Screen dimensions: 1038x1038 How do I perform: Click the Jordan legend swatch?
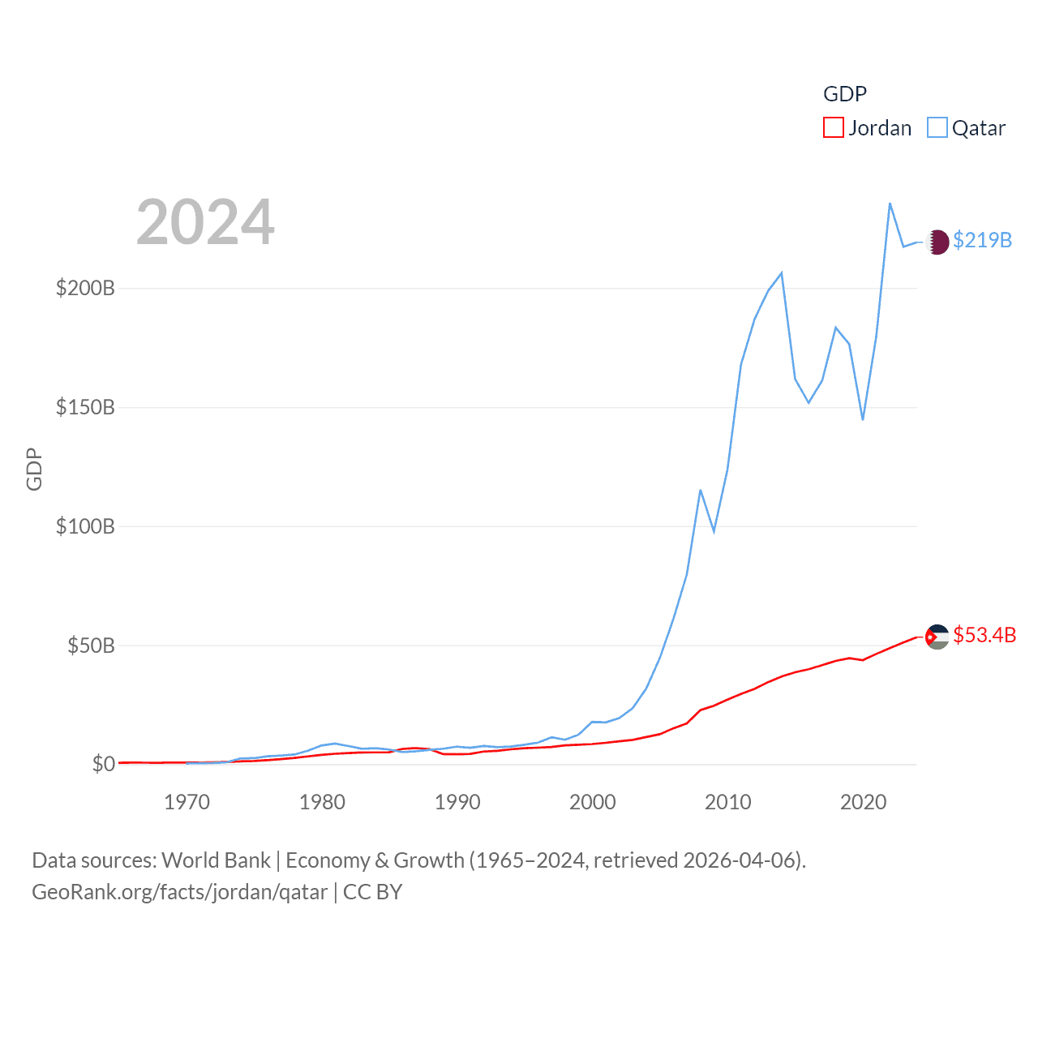(833, 127)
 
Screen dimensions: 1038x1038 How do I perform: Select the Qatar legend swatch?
(937, 127)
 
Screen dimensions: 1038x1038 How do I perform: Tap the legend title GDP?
(844, 94)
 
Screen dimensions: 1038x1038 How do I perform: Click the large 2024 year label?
(205, 222)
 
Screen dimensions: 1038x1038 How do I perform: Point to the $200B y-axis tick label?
(85, 289)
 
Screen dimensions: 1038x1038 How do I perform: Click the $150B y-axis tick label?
(85, 407)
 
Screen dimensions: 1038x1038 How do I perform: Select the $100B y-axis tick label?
(85, 526)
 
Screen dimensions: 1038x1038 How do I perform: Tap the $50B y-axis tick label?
(91, 646)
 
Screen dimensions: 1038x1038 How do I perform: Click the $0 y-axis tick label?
(103, 764)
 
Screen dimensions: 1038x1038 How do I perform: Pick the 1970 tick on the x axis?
(187, 802)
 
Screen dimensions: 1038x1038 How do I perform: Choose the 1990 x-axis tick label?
(457, 802)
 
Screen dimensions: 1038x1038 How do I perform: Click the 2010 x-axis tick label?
(727, 802)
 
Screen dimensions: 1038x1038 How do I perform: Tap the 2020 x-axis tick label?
(863, 802)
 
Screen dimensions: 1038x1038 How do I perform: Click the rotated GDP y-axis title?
(34, 469)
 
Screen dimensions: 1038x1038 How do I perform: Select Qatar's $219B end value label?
(982, 240)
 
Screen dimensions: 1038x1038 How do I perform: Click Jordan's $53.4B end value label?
(984, 635)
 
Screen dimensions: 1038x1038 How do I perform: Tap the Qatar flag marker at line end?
(937, 242)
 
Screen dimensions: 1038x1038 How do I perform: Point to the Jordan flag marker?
(937, 637)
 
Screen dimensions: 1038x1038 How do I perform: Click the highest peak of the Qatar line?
(890, 204)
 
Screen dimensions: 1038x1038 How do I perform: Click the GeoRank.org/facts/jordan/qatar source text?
(179, 892)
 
